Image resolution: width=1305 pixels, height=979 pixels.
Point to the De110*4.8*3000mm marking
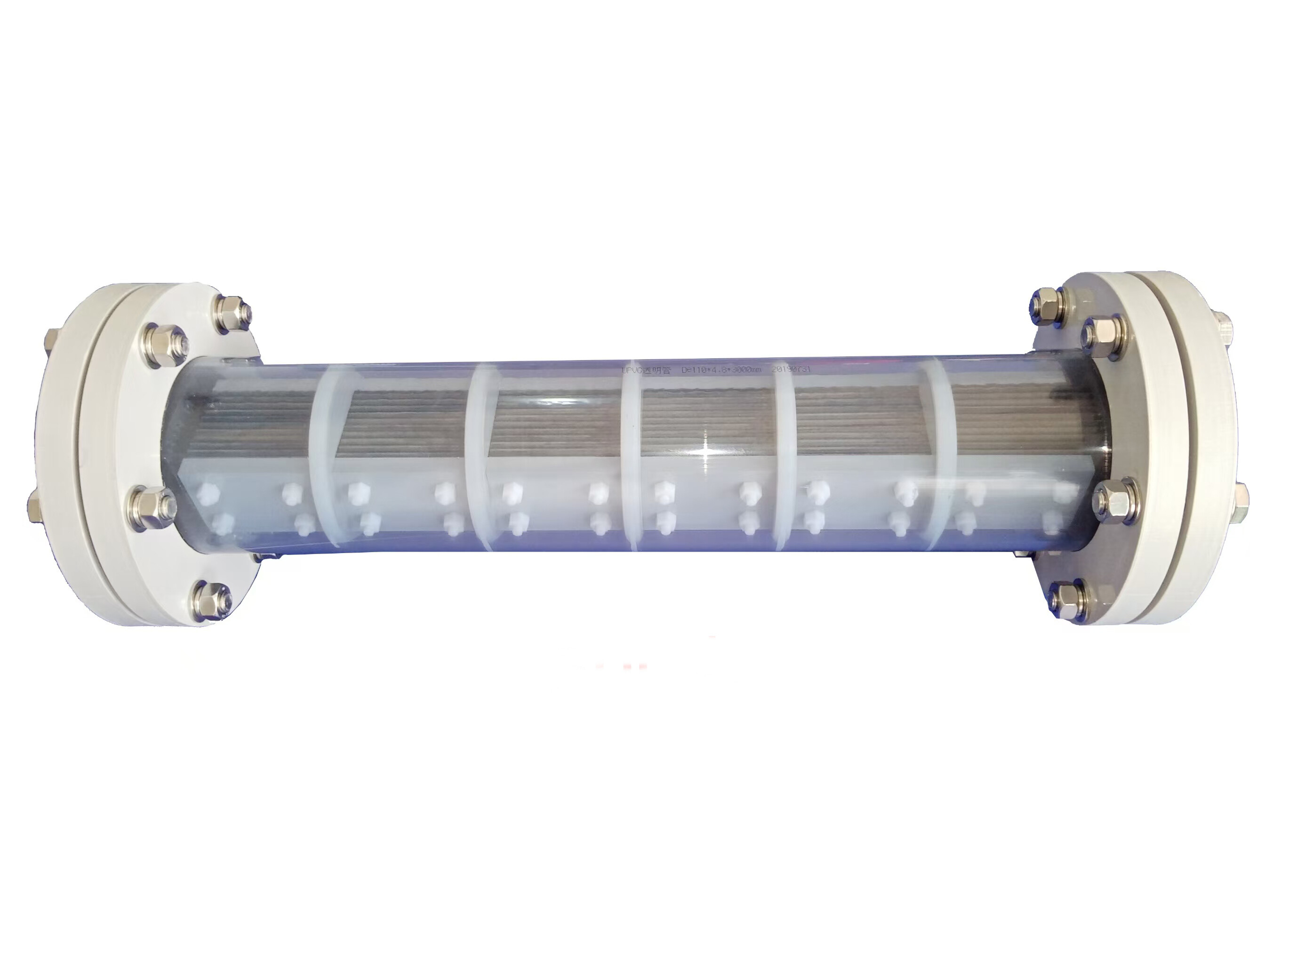coord(721,370)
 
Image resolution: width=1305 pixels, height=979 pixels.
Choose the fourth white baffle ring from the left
coord(785,454)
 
